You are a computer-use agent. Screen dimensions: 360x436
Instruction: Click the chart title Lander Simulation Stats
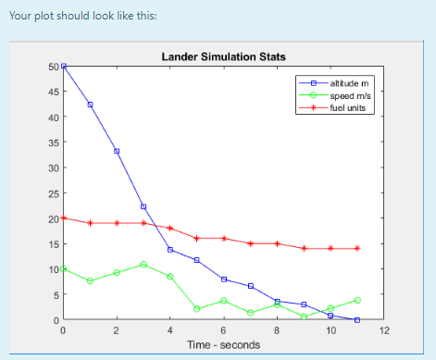pyautogui.click(x=223, y=56)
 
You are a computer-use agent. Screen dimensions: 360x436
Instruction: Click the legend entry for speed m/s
pyautogui.click(x=348, y=95)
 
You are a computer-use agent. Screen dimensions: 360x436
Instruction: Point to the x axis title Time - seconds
pyautogui.click(x=223, y=344)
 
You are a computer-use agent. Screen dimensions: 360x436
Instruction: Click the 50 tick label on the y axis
pyautogui.click(x=52, y=67)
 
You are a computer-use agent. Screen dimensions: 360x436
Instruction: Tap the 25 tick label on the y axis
pyautogui.click(x=52, y=193)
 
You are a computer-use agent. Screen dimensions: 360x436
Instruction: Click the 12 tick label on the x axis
pyautogui.click(x=384, y=330)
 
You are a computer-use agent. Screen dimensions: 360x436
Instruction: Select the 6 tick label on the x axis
pyautogui.click(x=223, y=330)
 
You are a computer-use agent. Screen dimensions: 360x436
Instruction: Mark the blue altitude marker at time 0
pyautogui.click(x=63, y=67)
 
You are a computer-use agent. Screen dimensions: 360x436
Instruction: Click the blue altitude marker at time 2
pyautogui.click(x=117, y=151)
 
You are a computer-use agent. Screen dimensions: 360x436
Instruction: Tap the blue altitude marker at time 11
pyautogui.click(x=357, y=320)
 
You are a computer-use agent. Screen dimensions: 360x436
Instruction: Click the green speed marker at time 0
pyautogui.click(x=63, y=269)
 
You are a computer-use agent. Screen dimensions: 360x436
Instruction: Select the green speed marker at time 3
pyautogui.click(x=143, y=265)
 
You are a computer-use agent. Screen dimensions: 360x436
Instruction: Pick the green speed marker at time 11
pyautogui.click(x=357, y=300)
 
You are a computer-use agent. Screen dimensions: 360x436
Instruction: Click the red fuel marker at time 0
pyautogui.click(x=63, y=218)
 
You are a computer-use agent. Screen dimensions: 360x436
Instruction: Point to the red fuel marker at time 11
pyautogui.click(x=357, y=248)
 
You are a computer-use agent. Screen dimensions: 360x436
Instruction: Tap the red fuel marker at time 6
pyautogui.click(x=223, y=239)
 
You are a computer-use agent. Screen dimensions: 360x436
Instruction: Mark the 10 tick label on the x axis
pyautogui.click(x=330, y=330)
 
